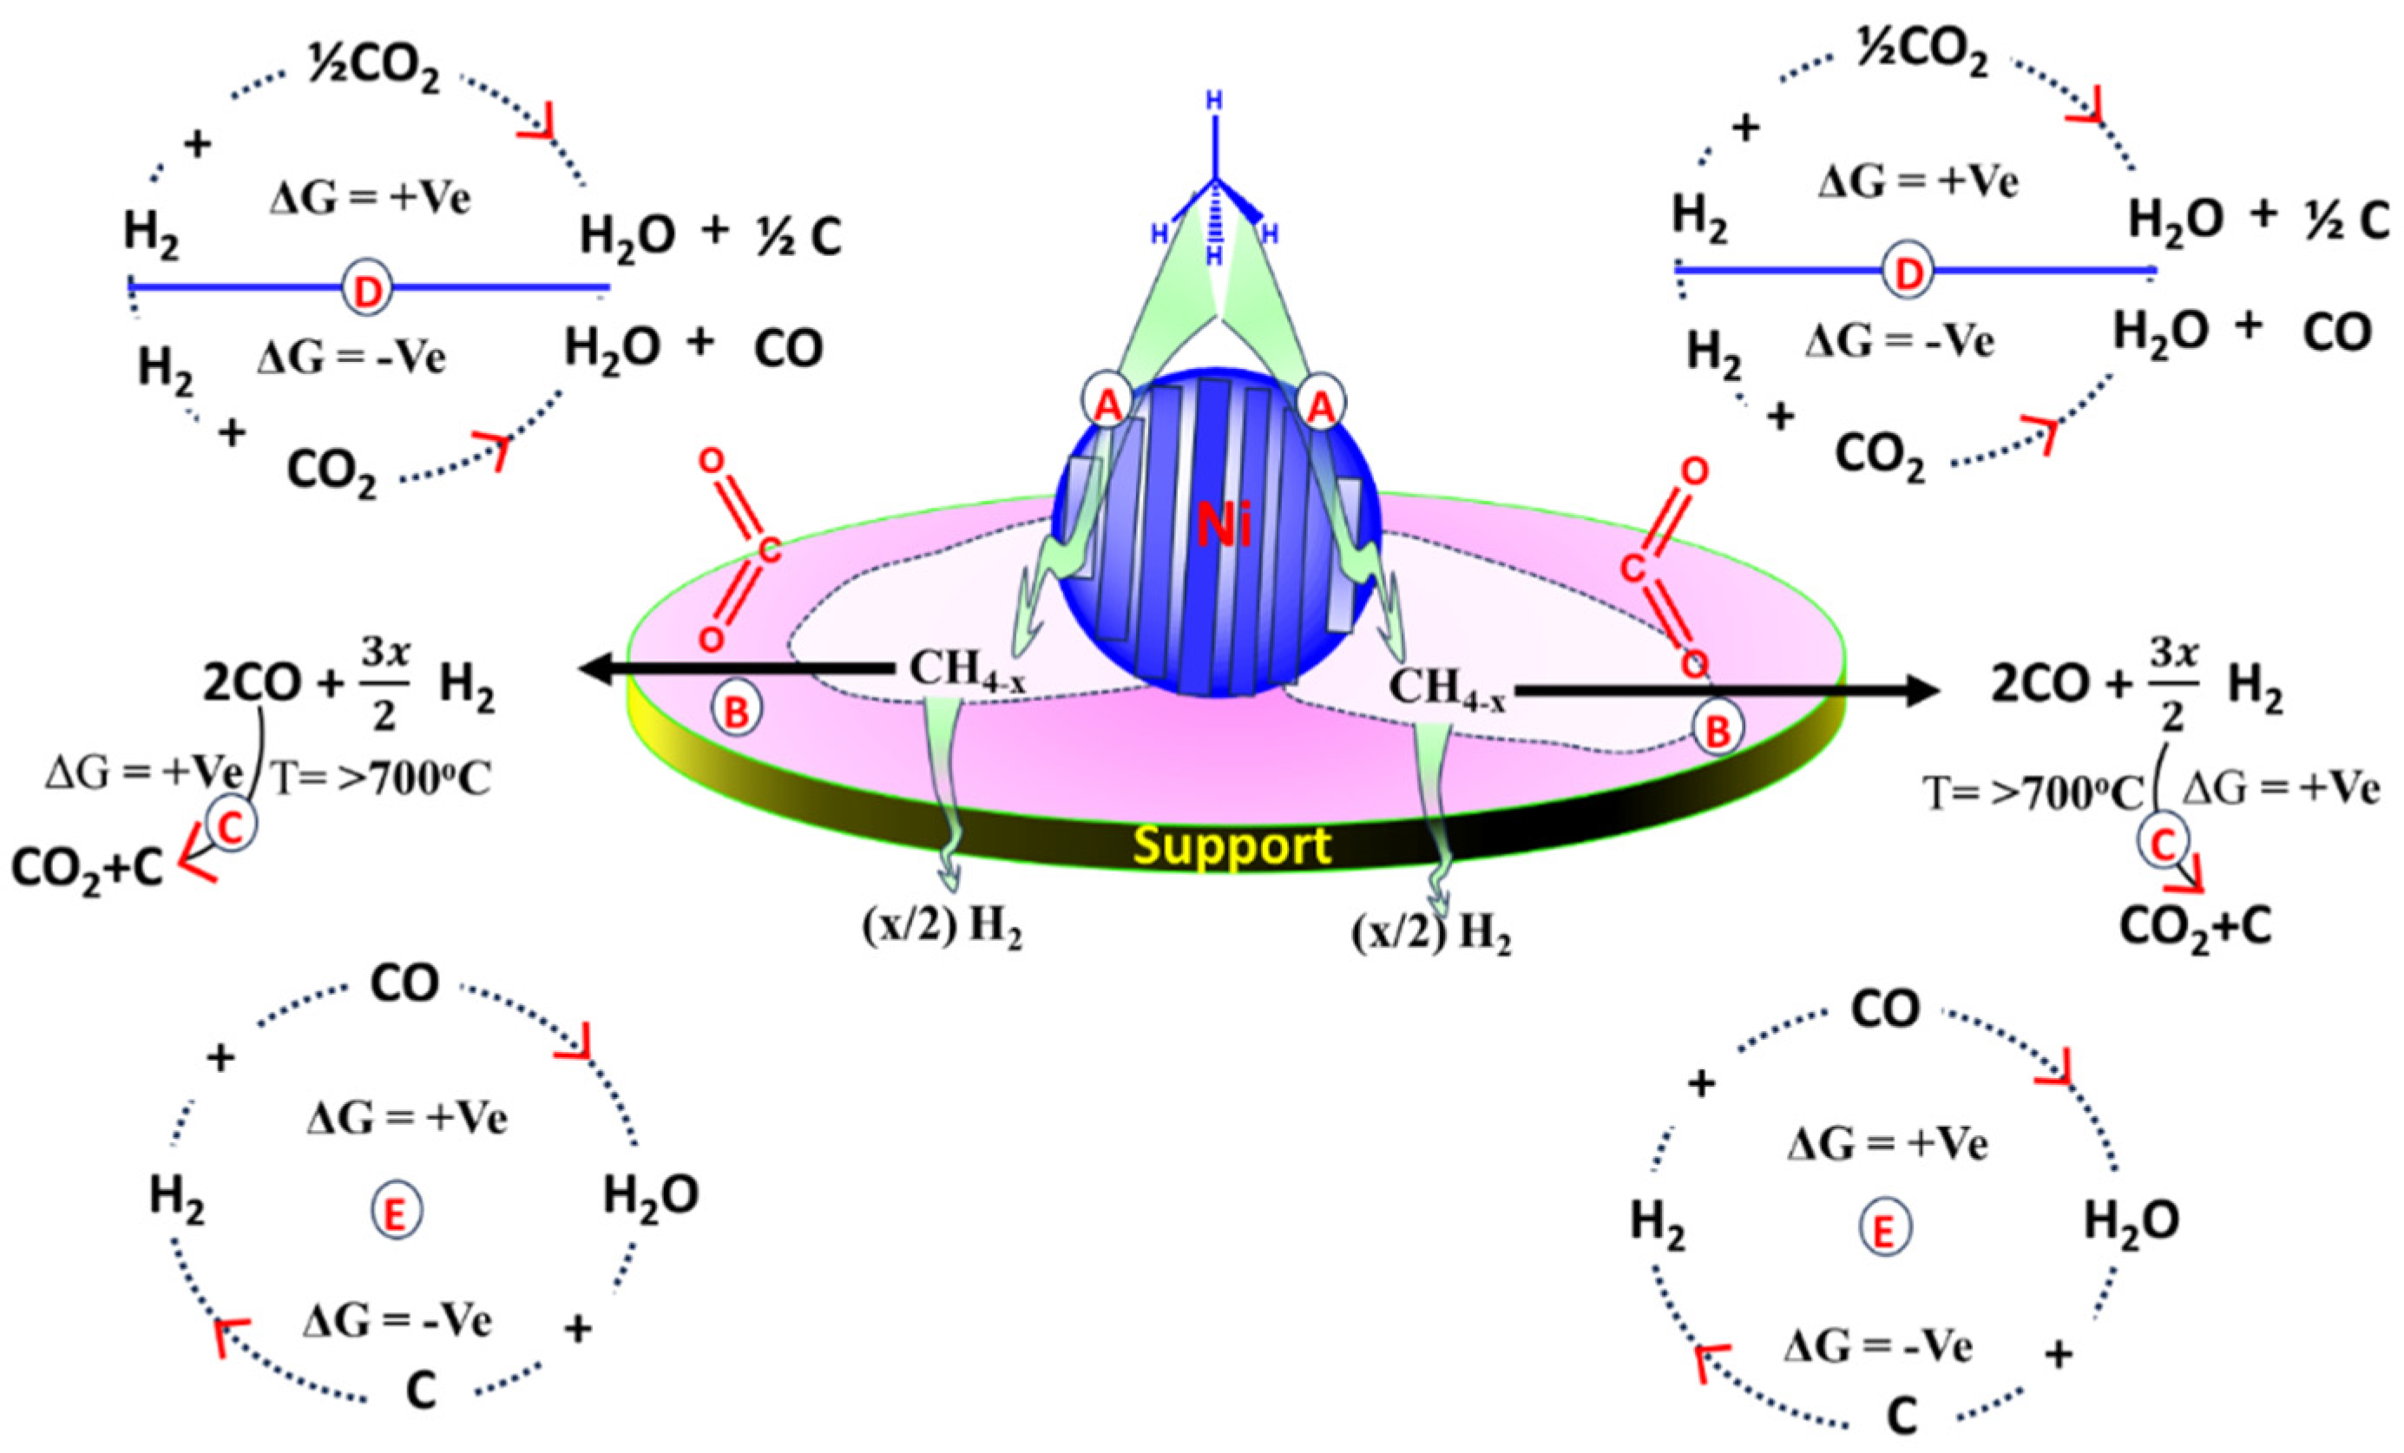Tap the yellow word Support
[x=1233, y=846]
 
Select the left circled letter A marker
[x=1107, y=402]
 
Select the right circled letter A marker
[x=1321, y=402]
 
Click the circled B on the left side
[x=737, y=712]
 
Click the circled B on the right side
[x=1718, y=729]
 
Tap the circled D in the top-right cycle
[x=1908, y=273]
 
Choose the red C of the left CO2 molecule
[x=769, y=551]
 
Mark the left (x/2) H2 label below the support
[x=943, y=928]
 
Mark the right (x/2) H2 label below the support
[x=1431, y=935]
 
